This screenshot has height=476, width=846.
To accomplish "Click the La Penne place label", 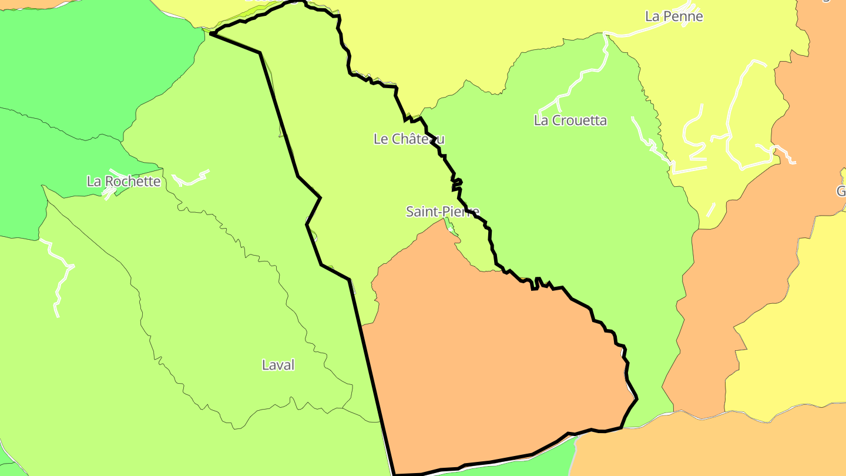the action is tap(674, 16).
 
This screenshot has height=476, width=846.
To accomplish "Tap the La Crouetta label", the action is tap(570, 120).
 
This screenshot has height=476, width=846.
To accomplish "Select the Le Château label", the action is tap(409, 139).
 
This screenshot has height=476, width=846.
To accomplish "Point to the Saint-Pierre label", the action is tap(442, 212).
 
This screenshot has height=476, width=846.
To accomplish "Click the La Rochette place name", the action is tap(123, 181).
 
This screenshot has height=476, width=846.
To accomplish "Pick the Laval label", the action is tap(278, 365).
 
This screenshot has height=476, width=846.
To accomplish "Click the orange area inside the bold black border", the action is tap(493, 364).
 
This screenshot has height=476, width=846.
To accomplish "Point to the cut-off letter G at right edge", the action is tap(841, 192).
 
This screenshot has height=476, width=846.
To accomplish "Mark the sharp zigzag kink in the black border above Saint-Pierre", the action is tap(456, 184).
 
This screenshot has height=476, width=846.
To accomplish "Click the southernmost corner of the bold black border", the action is tap(395, 474).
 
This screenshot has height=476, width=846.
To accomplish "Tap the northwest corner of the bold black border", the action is tap(211, 33).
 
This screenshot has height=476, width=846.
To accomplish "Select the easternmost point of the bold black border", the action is tap(637, 399).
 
